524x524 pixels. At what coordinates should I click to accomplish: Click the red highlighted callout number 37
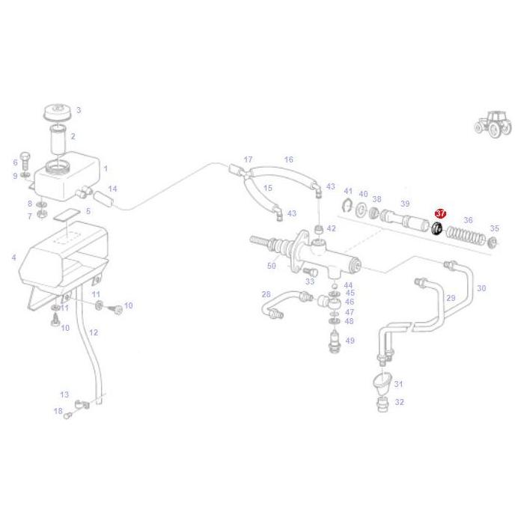440,214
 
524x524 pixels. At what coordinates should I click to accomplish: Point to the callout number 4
13,258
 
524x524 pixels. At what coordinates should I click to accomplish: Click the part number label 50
271,266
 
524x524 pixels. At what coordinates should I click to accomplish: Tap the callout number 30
481,288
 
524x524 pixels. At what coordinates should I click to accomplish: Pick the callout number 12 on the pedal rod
93,332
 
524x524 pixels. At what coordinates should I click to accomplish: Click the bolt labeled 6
25,159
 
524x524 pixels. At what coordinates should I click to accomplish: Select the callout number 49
350,341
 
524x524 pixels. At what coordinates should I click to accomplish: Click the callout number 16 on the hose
288,159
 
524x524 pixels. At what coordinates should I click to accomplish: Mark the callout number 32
399,402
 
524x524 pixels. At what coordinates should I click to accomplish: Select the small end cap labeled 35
492,243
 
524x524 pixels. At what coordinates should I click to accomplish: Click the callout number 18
58,411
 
